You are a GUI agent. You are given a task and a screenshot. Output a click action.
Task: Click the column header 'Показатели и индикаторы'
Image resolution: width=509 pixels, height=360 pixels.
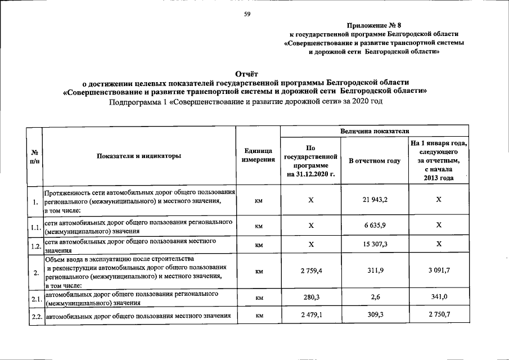click(139, 156)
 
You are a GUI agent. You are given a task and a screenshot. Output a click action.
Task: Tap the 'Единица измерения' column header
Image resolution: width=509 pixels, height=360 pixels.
click(259, 156)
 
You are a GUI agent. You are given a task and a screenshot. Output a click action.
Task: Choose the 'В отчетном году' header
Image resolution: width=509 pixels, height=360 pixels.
click(375, 161)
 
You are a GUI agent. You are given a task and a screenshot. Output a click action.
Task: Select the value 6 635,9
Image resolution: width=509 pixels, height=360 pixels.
click(375, 226)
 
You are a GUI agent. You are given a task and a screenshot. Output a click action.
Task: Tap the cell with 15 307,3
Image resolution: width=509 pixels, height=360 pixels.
click(375, 244)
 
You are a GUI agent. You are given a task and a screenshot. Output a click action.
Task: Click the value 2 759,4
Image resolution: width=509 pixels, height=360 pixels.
click(311, 271)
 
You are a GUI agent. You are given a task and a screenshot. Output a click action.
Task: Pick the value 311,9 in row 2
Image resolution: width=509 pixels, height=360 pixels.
click(375, 271)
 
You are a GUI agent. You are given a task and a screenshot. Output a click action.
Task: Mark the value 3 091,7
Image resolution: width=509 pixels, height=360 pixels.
click(439, 271)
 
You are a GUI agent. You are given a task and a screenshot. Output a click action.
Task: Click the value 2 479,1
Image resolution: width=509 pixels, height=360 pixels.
click(311, 316)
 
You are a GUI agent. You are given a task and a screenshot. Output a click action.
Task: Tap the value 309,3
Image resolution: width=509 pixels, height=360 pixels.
click(375, 316)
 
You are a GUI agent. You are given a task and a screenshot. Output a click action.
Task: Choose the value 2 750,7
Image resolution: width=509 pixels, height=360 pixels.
click(439, 316)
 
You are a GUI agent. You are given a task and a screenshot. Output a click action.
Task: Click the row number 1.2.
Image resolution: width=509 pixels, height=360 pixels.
click(35, 245)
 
